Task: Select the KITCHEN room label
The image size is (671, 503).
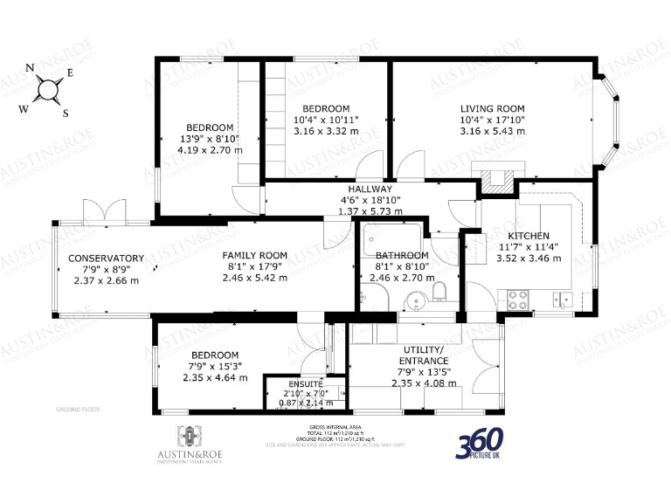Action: pos(529,236)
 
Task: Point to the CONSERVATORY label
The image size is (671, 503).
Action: pos(106,258)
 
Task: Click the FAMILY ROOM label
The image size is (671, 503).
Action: pos(254,256)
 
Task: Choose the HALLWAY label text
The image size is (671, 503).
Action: pos(370,189)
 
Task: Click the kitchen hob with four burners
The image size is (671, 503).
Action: pos(518,299)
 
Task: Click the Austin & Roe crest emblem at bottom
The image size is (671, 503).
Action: pos(186,434)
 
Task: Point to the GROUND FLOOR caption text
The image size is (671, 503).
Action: pos(78,409)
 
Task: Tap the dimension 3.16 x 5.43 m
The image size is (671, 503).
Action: pos(494,131)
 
